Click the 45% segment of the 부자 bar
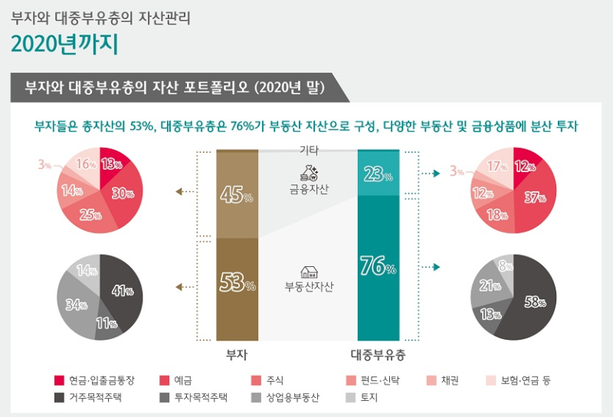237,195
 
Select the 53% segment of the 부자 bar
237,285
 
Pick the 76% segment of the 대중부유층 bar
379,268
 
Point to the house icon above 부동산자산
310,272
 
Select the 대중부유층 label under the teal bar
378,355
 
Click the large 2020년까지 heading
64,44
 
